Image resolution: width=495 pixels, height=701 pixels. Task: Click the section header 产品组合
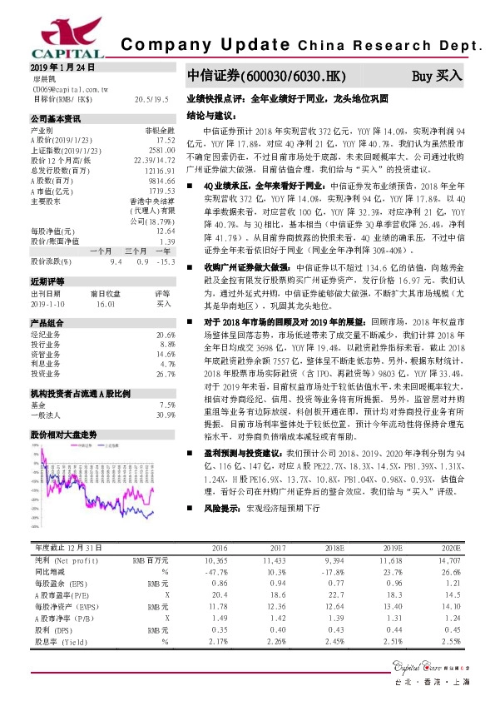tap(47, 299)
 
